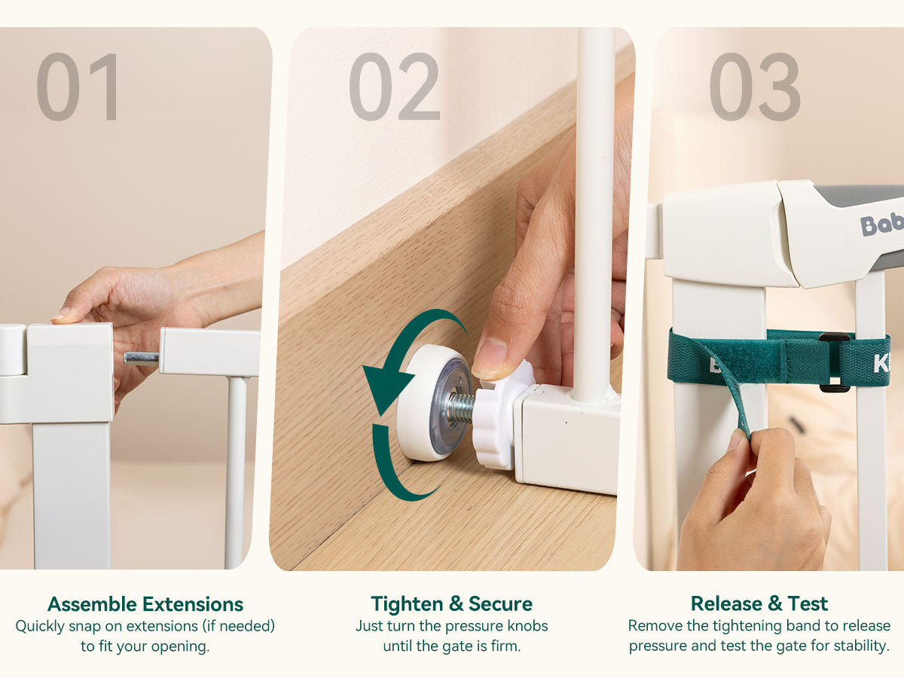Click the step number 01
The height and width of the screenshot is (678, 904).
[78, 87]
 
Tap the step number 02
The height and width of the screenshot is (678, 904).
[395, 87]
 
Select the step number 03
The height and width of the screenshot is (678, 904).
[755, 87]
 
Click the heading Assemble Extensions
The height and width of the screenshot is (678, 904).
[145, 604]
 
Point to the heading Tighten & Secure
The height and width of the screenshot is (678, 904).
[451, 604]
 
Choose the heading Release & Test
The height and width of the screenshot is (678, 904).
[759, 604]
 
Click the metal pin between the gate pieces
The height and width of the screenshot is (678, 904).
[142, 359]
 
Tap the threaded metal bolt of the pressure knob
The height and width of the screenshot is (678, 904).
[461, 408]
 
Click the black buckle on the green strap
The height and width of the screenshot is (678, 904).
[835, 362]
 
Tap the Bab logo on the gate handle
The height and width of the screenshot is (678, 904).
[881, 224]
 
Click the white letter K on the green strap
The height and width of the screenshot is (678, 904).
[881, 364]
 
